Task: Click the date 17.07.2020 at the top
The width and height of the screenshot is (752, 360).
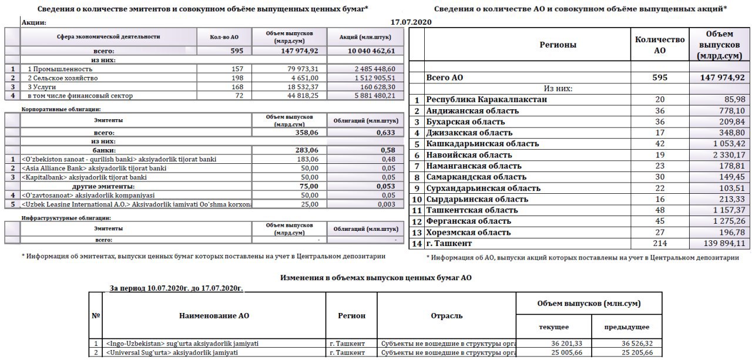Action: tap(411, 22)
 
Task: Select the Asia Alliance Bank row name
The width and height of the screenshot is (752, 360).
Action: tap(93, 168)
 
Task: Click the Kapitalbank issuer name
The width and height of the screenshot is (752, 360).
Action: tap(85, 177)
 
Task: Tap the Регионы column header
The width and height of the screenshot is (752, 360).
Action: tap(558, 45)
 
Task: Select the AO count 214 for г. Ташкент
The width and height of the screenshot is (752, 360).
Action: tap(660, 243)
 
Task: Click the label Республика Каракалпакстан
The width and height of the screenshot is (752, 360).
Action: tap(487, 99)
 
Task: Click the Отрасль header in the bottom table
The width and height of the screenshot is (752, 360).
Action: tap(446, 315)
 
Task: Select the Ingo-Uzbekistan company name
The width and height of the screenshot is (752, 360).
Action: tap(182, 343)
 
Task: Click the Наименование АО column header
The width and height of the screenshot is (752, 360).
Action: tap(214, 315)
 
